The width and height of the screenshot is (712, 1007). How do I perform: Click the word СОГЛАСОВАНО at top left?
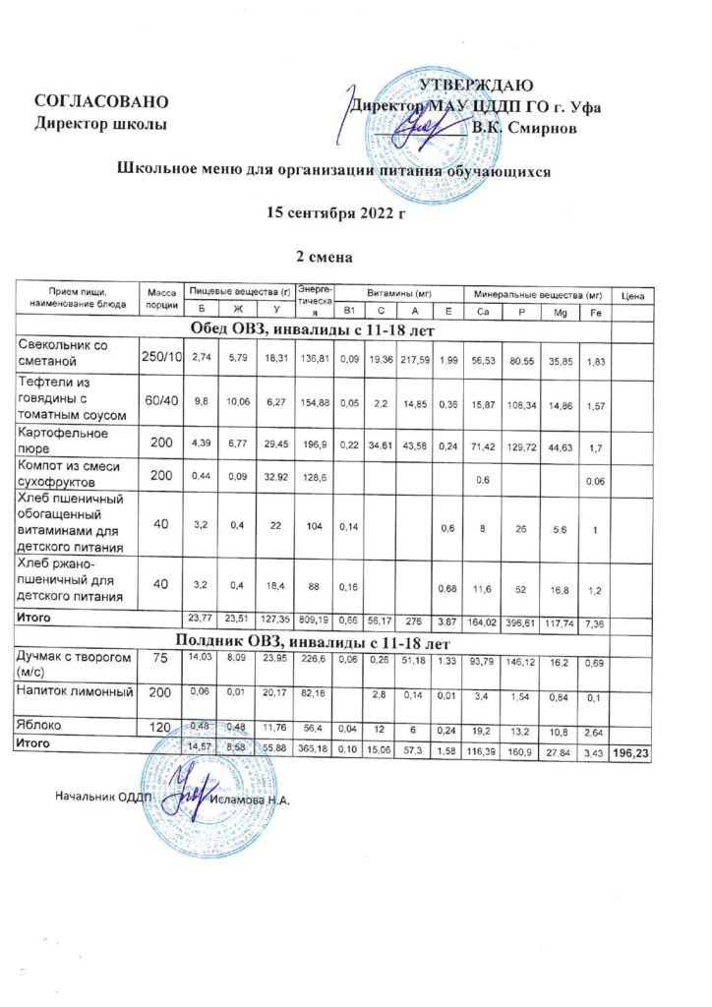(94, 102)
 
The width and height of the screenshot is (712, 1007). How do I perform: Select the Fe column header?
(594, 312)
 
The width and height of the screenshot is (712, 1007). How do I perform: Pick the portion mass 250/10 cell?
(161, 354)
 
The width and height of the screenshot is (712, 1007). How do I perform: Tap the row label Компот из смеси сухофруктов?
(69, 476)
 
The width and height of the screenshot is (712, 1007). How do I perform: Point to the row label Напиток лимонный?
(76, 693)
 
